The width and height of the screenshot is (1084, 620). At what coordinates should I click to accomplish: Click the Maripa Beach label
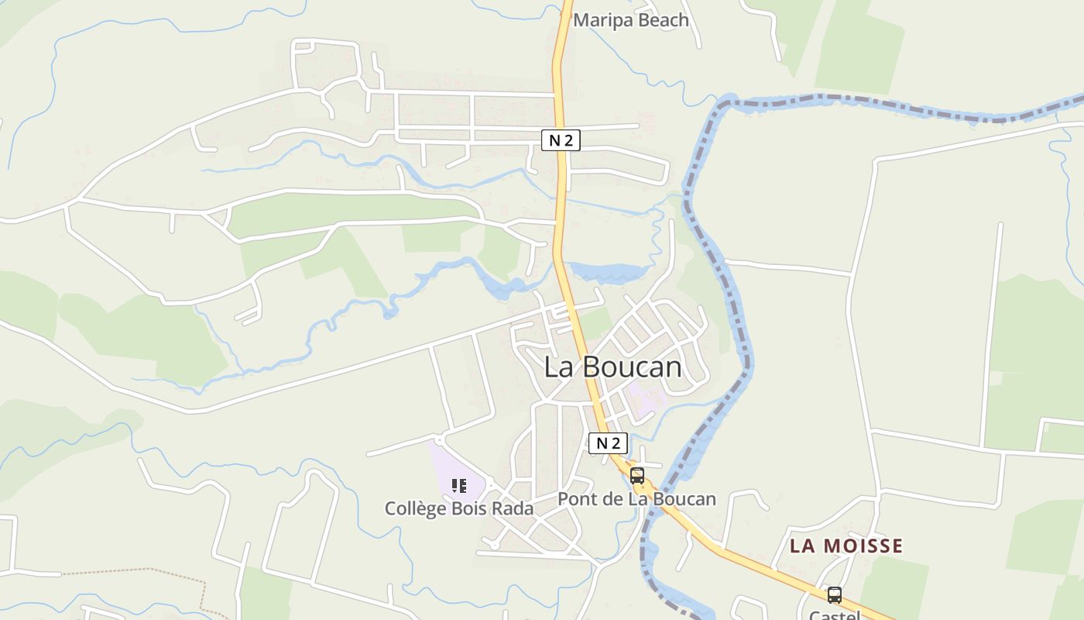(x=630, y=20)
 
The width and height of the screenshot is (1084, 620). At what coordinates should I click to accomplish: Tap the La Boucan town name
(x=612, y=367)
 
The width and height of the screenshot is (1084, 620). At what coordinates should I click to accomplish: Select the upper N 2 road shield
(x=561, y=140)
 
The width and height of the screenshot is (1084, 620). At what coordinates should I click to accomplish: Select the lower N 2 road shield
(x=608, y=443)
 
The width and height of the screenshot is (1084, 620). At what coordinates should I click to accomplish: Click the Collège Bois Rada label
(x=459, y=508)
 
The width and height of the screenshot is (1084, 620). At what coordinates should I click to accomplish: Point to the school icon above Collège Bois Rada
(x=459, y=486)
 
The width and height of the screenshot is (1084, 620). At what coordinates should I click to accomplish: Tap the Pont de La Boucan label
(x=636, y=499)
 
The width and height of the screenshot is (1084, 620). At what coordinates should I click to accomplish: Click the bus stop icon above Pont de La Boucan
(x=637, y=476)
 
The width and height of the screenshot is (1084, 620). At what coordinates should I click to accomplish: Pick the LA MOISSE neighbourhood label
(x=846, y=546)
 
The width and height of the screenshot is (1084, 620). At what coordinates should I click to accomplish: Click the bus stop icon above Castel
(x=835, y=595)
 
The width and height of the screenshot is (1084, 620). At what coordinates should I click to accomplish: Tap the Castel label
(x=835, y=615)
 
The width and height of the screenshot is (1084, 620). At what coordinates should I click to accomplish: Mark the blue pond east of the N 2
(x=612, y=273)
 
